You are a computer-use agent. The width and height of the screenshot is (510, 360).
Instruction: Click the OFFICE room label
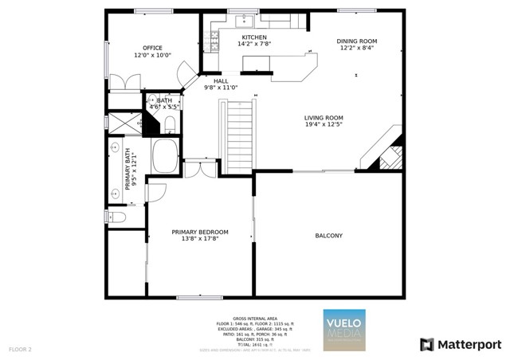(x=152, y=48)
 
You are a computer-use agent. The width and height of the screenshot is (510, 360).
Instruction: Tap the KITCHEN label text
(x=254, y=37)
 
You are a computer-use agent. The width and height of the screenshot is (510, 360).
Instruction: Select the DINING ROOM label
(x=356, y=41)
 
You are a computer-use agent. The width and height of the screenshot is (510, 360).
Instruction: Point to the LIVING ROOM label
(x=323, y=118)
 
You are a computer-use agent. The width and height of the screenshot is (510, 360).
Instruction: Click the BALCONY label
(x=328, y=236)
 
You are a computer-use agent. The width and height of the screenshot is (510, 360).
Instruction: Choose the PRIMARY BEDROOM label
(x=200, y=232)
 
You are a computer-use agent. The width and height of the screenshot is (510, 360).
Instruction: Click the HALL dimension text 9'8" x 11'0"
(x=221, y=88)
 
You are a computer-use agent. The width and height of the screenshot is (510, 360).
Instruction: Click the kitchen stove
(x=214, y=37)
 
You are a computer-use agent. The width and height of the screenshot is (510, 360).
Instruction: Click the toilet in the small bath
(x=170, y=122)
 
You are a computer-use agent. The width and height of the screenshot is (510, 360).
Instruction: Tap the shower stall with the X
(x=123, y=123)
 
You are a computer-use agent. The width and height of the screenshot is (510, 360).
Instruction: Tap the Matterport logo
(x=461, y=344)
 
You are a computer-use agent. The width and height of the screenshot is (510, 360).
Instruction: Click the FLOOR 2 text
(x=20, y=349)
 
